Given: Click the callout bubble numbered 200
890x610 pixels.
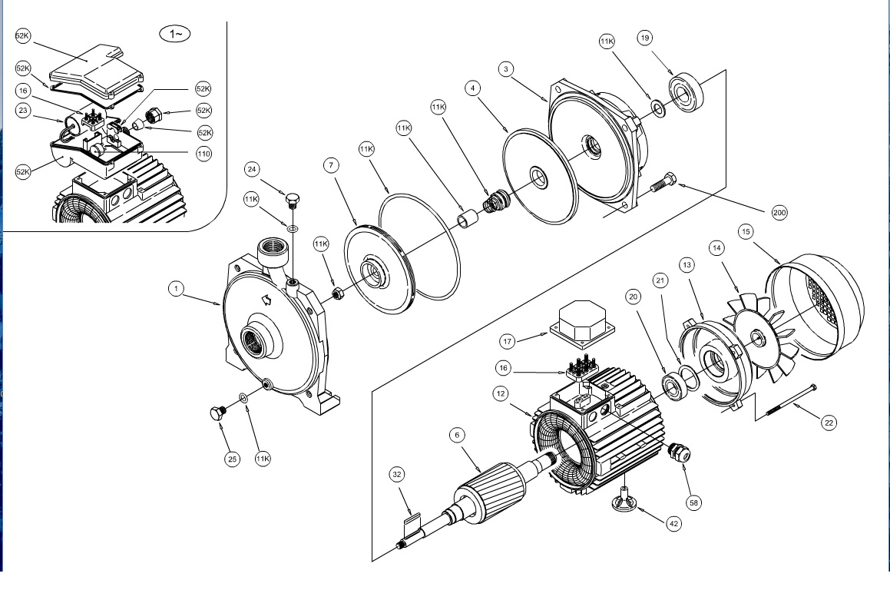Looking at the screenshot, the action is [x=779, y=212].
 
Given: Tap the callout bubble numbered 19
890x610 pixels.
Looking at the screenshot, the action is [x=644, y=38].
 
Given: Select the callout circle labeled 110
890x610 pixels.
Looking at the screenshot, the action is [x=203, y=154].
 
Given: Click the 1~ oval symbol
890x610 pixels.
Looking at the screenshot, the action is [x=175, y=34].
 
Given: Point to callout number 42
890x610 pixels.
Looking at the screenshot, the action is [x=673, y=524].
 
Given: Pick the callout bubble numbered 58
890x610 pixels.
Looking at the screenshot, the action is [x=693, y=502].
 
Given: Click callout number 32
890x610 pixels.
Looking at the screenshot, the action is [x=397, y=474].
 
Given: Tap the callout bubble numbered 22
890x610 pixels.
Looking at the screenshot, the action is [x=829, y=423].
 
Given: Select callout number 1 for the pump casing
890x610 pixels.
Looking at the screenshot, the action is [x=176, y=289].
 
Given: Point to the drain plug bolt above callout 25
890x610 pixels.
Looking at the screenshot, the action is [x=217, y=413].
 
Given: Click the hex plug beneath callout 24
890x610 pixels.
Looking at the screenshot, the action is [x=293, y=201].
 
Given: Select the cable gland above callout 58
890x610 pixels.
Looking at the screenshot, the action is [x=678, y=452].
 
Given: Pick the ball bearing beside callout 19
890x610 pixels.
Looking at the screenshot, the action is [x=687, y=91].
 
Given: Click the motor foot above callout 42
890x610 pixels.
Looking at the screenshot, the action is [x=624, y=500].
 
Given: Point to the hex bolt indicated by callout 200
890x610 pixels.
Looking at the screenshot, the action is [x=663, y=182].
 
